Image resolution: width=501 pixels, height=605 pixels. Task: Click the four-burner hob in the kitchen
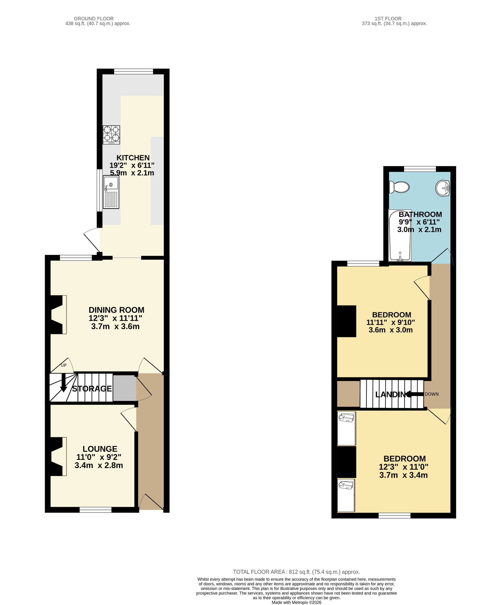pyautogui.click(x=111, y=134)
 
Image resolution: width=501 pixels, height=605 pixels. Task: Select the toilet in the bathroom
pyautogui.click(x=399, y=187)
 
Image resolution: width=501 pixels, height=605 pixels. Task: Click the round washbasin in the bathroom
pyautogui.click(x=442, y=188)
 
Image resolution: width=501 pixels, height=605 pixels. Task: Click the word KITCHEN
pyautogui.click(x=133, y=157)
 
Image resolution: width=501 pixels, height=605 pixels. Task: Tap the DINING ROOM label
pyautogui.click(x=116, y=310)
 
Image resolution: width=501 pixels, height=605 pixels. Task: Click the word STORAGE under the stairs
pyautogui.click(x=92, y=389)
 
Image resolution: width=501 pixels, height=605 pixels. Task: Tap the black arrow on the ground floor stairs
pyautogui.click(x=63, y=383)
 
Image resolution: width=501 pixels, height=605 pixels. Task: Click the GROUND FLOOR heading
pyautogui.click(x=94, y=19)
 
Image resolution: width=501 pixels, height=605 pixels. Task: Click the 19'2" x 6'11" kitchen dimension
pyautogui.click(x=132, y=165)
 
